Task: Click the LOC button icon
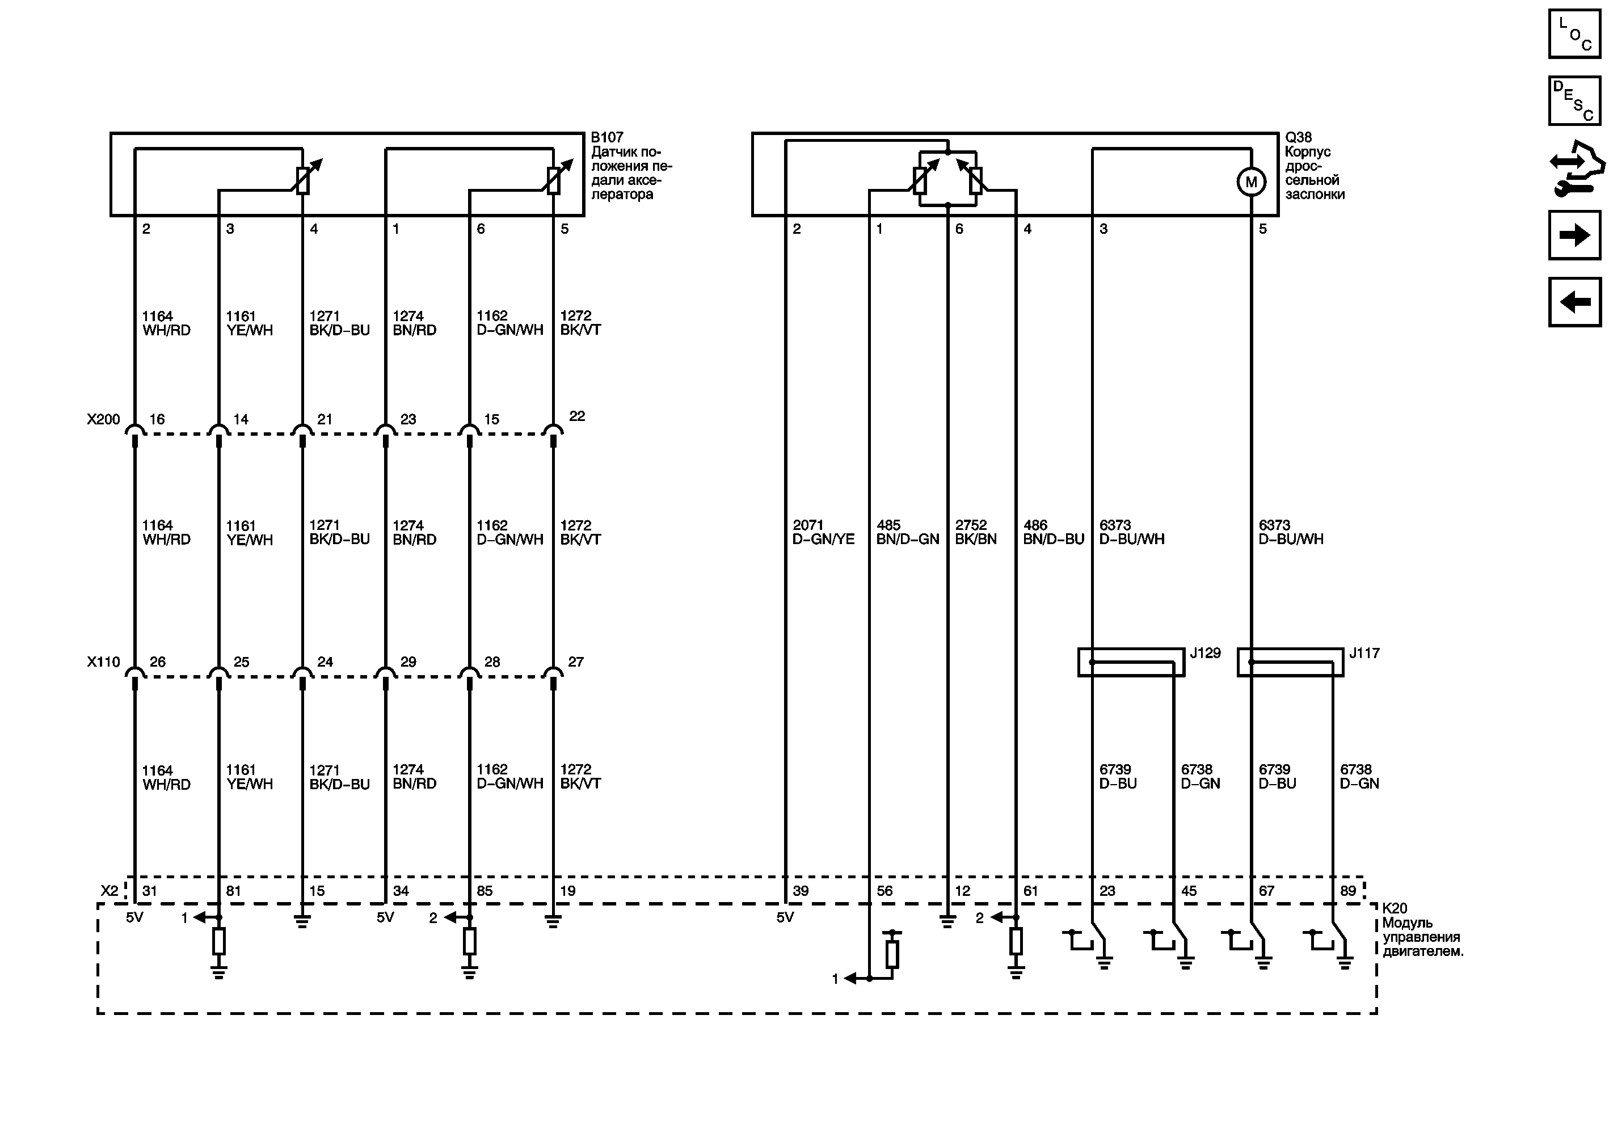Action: pyautogui.click(x=1574, y=33)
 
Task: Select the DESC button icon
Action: pyautogui.click(x=1574, y=100)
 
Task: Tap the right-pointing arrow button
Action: pyautogui.click(x=1574, y=235)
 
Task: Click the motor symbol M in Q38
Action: pyautogui.click(x=1251, y=182)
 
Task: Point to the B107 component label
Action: pyautogui.click(x=607, y=137)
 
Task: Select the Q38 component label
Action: pyautogui.click(x=1298, y=137)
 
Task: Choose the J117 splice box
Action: pyautogui.click(x=1290, y=662)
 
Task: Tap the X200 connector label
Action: pyautogui.click(x=104, y=419)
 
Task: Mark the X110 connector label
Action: pyautogui.click(x=104, y=662)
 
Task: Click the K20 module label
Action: pyautogui.click(x=1395, y=908)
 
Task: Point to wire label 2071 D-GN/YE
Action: pyautogui.click(x=823, y=532)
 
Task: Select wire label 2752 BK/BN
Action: pyautogui.click(x=975, y=532)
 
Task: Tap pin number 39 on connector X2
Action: pyautogui.click(x=801, y=891)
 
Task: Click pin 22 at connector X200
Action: pyautogui.click(x=577, y=416)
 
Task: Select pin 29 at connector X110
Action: pyautogui.click(x=408, y=662)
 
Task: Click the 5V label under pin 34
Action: pyautogui.click(x=385, y=917)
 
